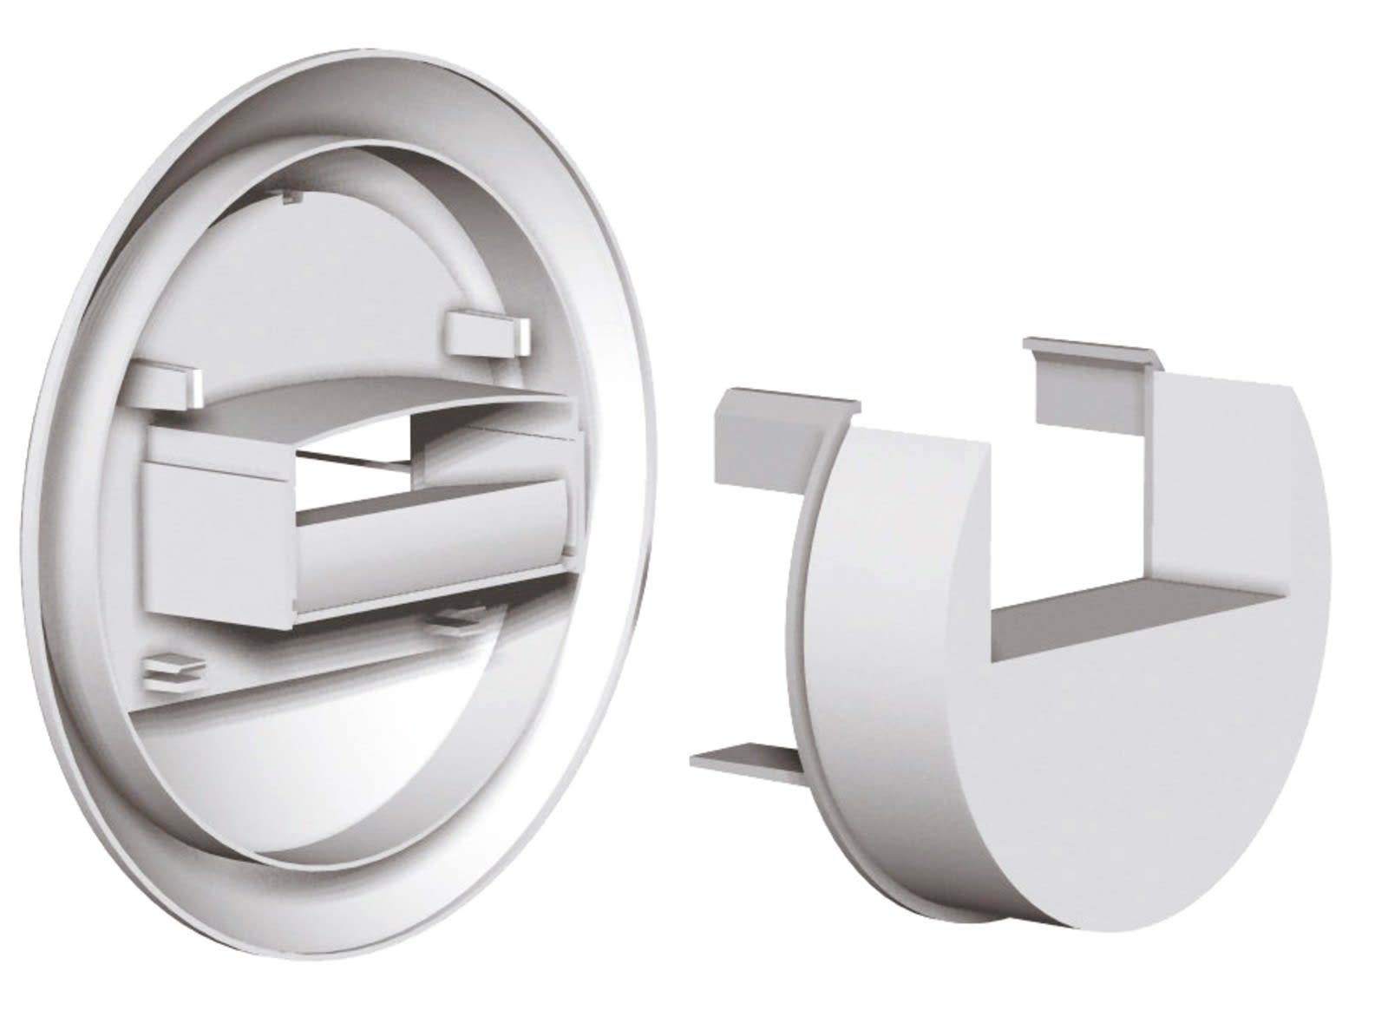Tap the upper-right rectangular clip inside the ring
(487, 334)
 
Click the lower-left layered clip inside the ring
(173, 668)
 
